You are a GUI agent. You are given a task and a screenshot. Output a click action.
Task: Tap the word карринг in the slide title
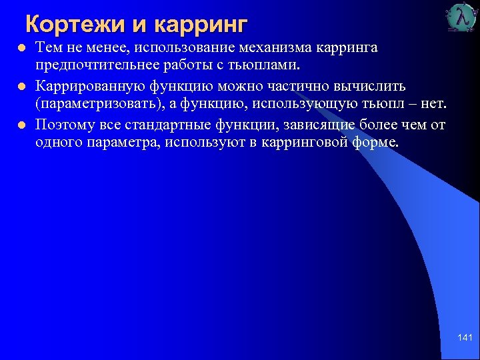(x=200, y=25)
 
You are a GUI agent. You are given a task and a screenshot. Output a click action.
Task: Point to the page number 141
(x=465, y=339)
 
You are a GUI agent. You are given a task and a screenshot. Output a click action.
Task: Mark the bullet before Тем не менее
(x=21, y=49)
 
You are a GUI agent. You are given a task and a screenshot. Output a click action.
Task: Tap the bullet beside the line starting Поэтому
(x=21, y=125)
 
